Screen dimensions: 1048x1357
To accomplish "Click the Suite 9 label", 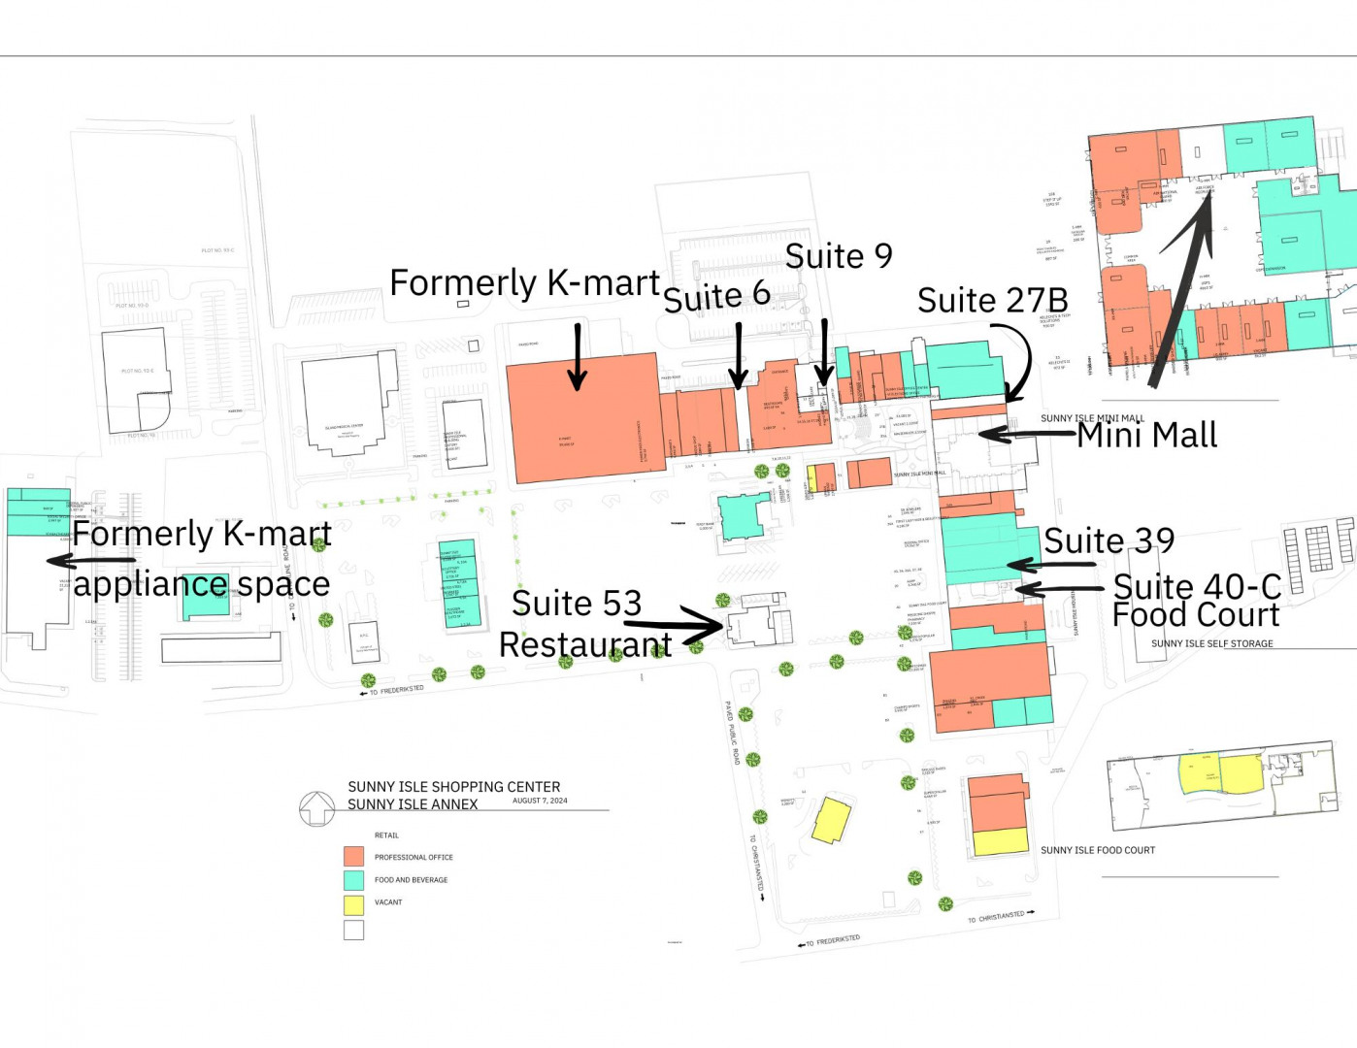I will (x=839, y=256).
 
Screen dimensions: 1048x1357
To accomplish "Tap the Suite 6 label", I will (x=716, y=296).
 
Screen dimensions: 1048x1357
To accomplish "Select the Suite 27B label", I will (x=992, y=301).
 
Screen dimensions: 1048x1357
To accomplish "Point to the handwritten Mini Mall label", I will (x=1147, y=436).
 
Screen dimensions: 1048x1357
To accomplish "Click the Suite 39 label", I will (x=1109, y=540).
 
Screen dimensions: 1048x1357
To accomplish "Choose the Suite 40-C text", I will (x=1196, y=586).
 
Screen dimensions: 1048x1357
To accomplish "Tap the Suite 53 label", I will (x=577, y=604).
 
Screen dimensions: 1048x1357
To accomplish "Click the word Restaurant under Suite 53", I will (x=585, y=644).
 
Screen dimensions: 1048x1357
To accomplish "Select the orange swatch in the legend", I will (x=353, y=857).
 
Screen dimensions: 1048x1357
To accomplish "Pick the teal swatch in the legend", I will (x=353, y=880).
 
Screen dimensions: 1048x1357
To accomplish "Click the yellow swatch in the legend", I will (x=353, y=904).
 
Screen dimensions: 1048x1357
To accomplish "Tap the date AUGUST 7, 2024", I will (x=540, y=801).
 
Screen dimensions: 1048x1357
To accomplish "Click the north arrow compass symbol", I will (x=316, y=807).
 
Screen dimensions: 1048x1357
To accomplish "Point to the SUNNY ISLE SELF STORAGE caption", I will (x=1211, y=643).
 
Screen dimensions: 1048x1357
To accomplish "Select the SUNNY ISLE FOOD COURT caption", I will (x=1098, y=850).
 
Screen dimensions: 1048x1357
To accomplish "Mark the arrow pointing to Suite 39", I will (x=1050, y=564).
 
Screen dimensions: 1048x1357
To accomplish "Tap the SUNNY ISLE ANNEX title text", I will (x=413, y=804).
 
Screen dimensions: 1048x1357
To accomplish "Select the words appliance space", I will (x=202, y=584).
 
